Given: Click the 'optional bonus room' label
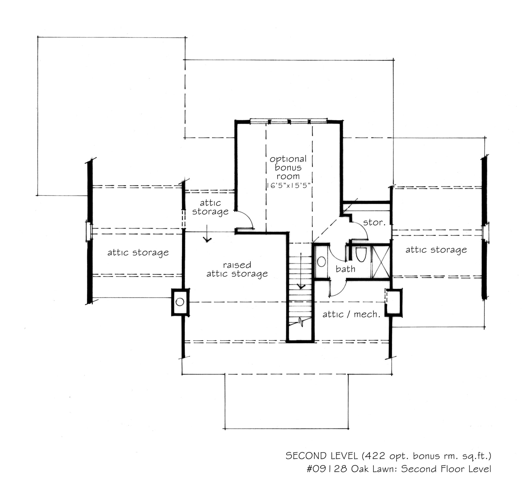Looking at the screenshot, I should pyautogui.click(x=288, y=167).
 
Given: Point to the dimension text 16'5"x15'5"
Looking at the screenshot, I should pyautogui.click(x=288, y=185).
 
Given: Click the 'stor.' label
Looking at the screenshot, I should pyautogui.click(x=375, y=222).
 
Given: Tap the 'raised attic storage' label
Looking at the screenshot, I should pyautogui.click(x=237, y=269).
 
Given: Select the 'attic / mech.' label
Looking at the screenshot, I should pyautogui.click(x=351, y=315).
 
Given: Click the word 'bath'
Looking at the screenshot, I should pyautogui.click(x=345, y=269).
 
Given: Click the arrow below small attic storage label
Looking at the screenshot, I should pyautogui.click(x=207, y=234).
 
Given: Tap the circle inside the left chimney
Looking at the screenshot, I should pyautogui.click(x=180, y=302).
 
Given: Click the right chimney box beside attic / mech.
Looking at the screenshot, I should pyautogui.click(x=394, y=302).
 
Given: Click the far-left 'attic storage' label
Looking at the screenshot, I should pyautogui.click(x=138, y=253).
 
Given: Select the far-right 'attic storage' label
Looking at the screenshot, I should pyautogui.click(x=436, y=250).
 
